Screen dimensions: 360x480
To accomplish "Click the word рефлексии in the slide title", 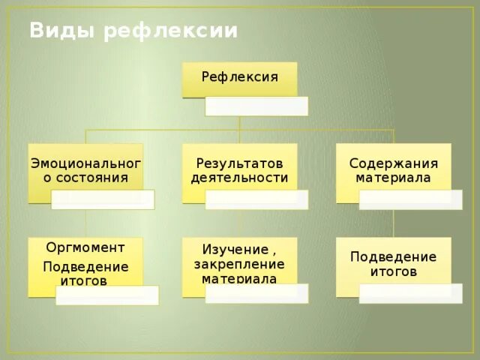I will click(171, 31).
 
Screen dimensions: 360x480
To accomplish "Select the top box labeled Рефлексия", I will click(239, 77).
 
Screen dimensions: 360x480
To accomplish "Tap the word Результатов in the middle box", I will click(239, 163).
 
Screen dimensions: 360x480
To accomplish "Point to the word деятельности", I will click(239, 178).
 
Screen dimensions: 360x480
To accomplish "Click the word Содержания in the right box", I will click(393, 163).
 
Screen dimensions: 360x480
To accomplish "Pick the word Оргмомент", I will click(85, 247).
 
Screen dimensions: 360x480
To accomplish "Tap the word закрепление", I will click(239, 264).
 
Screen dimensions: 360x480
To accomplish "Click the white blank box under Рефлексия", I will click(256, 106).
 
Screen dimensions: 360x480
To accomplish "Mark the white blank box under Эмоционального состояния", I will click(103, 199).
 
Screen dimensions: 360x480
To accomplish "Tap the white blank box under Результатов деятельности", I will click(256, 199).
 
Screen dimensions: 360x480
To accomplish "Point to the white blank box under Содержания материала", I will click(410, 199).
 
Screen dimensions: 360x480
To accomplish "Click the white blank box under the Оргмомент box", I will click(107, 295).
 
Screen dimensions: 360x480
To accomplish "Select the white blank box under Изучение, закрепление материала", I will click(256, 294).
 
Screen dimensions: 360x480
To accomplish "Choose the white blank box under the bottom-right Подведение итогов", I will click(410, 294).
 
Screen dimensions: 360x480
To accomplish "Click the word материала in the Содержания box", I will click(393, 178).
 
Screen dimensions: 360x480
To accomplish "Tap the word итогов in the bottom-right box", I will click(393, 271).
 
